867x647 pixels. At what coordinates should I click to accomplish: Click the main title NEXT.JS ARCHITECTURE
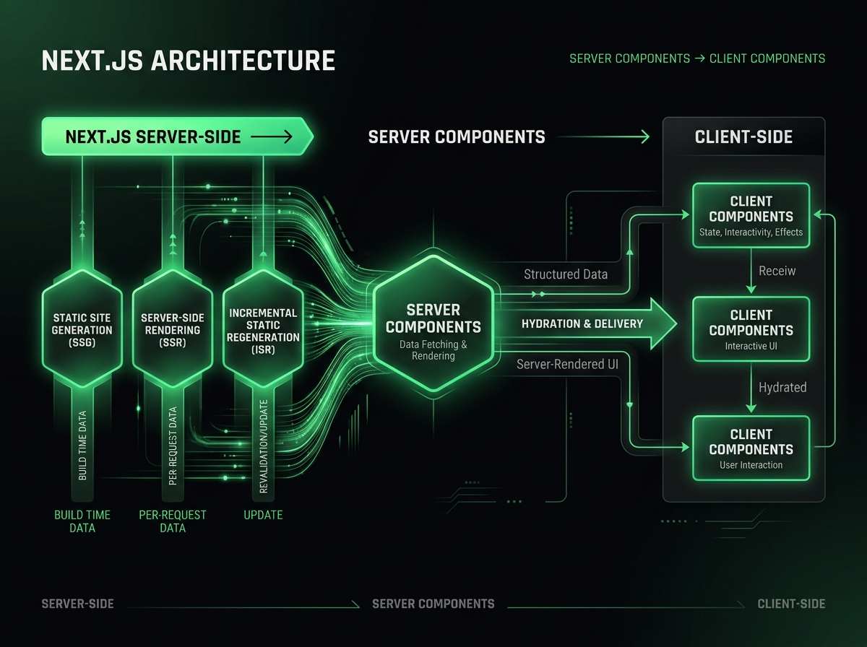(x=188, y=61)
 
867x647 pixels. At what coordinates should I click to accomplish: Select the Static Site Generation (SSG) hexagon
(x=82, y=330)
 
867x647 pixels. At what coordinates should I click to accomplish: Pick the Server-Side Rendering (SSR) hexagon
(x=172, y=330)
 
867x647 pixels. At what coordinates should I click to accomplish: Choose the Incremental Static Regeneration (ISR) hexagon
(x=263, y=329)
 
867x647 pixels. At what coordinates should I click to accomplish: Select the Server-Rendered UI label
(x=567, y=365)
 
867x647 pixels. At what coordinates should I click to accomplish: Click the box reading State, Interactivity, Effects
(x=751, y=215)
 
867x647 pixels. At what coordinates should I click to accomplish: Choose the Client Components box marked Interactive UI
(x=751, y=329)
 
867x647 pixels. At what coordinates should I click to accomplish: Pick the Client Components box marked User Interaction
(x=751, y=448)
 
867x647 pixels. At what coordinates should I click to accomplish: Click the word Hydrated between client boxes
(x=782, y=388)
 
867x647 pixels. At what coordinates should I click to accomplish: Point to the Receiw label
(x=777, y=271)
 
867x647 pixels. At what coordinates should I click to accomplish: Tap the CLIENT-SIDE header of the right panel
(x=743, y=136)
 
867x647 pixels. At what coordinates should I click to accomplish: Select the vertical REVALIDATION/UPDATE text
(x=263, y=446)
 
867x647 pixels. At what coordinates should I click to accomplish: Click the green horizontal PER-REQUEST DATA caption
(x=172, y=521)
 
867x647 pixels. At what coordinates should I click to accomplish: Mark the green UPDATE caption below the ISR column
(x=263, y=515)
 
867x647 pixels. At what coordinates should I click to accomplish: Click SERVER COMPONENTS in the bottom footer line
(x=433, y=604)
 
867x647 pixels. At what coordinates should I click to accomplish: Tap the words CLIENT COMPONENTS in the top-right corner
(x=767, y=58)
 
